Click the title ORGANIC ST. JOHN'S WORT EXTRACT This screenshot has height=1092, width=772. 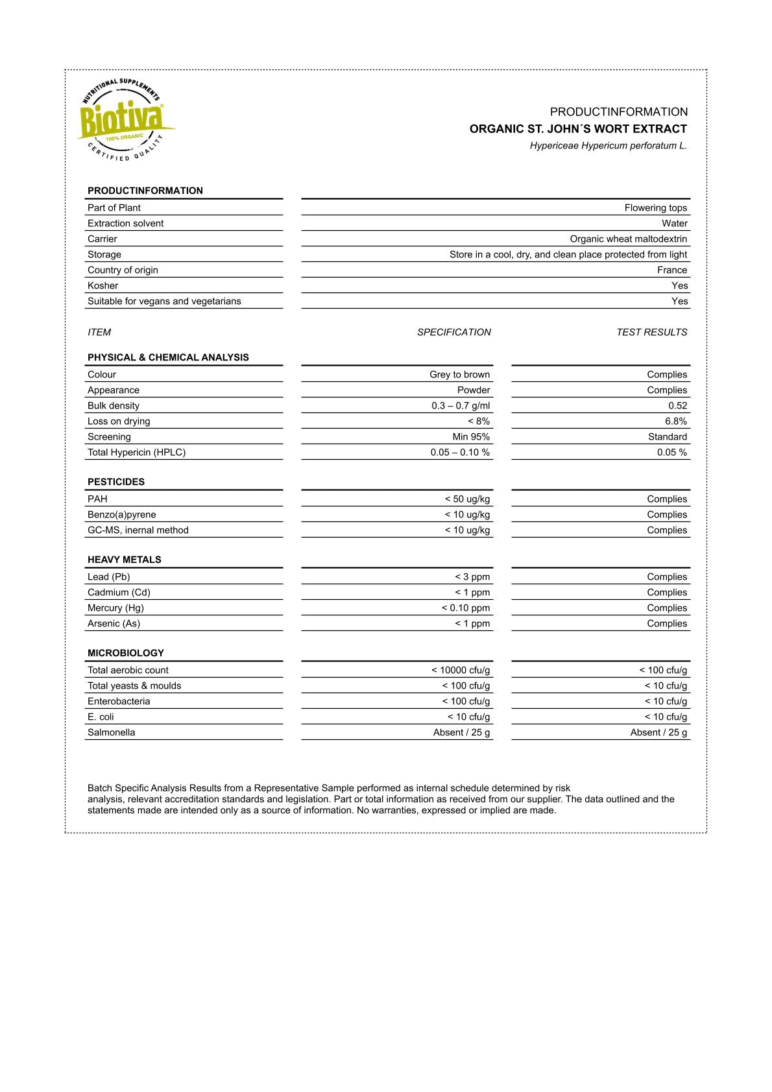pyautogui.click(x=578, y=129)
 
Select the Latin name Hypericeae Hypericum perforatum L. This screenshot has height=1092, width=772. pyautogui.click(x=608, y=146)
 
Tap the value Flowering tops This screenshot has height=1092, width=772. pyautogui.click(x=655, y=208)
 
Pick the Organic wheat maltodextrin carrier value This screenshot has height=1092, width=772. pyautogui.click(x=628, y=239)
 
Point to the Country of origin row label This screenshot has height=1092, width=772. pyautogui.click(x=123, y=270)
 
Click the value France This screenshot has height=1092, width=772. pyautogui.click(x=671, y=270)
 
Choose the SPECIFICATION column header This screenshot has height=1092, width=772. pyautogui.click(x=453, y=333)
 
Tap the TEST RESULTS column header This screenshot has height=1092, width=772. pyautogui.click(x=651, y=333)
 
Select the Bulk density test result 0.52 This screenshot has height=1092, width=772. pyautogui.click(x=677, y=406)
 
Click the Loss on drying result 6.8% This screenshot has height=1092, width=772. pyautogui.click(x=675, y=421)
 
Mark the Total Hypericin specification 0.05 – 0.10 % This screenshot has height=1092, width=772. pyautogui.click(x=460, y=453)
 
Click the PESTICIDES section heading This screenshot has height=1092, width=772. pyautogui.click(x=116, y=482)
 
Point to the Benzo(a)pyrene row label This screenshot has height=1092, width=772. pyautogui.click(x=122, y=515)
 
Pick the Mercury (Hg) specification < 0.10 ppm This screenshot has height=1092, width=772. pyautogui.click(x=466, y=608)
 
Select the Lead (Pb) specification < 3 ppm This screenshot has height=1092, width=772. pyautogui.click(x=472, y=577)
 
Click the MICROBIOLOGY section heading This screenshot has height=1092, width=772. pyautogui.click(x=126, y=654)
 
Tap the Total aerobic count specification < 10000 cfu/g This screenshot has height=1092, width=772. pyautogui.click(x=461, y=671)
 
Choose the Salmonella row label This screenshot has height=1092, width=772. pyautogui.click(x=112, y=733)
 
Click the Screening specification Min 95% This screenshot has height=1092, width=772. pyautogui.click(x=471, y=437)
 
